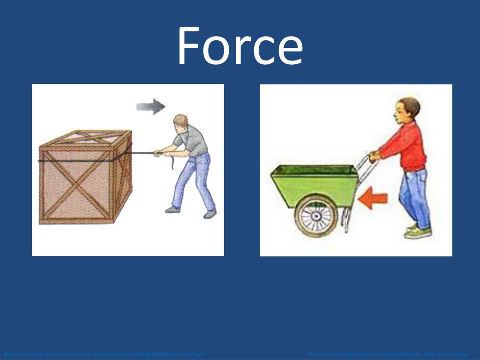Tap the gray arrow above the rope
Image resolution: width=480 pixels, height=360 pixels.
tap(150, 106)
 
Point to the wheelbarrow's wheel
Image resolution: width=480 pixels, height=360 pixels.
tap(316, 215)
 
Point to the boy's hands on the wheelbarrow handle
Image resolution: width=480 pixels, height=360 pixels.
tap(374, 156)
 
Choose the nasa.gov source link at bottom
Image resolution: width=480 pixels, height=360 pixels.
tap(388, 354)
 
